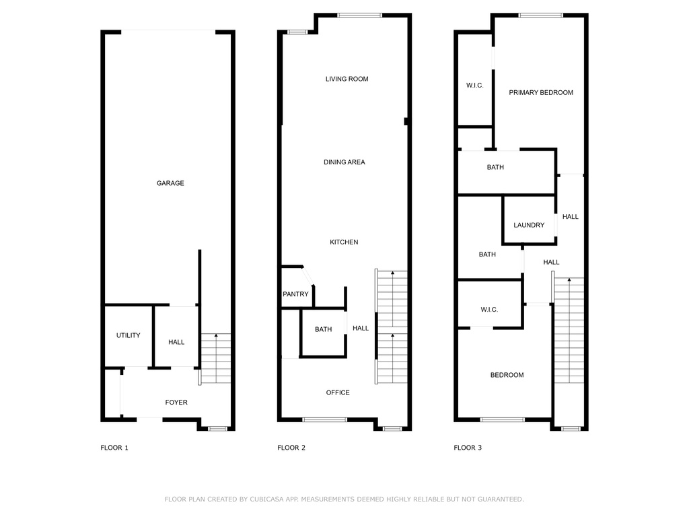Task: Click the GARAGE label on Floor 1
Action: click(170, 183)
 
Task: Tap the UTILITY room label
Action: click(129, 335)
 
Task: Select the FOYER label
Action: click(176, 403)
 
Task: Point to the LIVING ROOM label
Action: click(347, 79)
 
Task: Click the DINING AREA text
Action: click(344, 162)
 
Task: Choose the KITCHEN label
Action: click(344, 242)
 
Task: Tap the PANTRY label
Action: click(296, 294)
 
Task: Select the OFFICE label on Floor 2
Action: click(338, 392)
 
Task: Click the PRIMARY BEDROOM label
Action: click(541, 93)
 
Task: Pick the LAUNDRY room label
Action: click(529, 225)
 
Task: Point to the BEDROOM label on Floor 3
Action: click(507, 375)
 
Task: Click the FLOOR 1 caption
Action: click(114, 448)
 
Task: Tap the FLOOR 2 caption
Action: click(291, 448)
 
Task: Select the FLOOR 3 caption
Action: click(468, 448)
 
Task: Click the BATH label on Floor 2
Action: click(324, 329)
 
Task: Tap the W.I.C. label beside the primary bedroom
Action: click(475, 85)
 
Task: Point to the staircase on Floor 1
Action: click(216, 358)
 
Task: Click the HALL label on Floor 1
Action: click(176, 342)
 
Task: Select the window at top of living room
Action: click(360, 15)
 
